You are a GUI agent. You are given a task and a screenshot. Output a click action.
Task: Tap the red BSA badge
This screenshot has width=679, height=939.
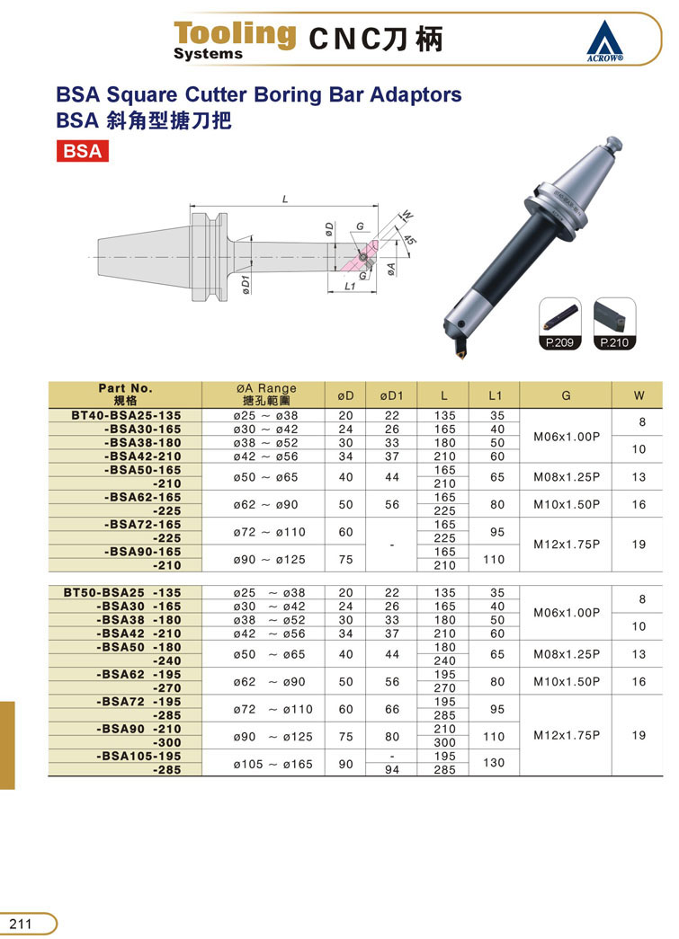[83, 150]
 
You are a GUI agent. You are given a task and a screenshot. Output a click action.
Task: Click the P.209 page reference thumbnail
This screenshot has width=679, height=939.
[559, 323]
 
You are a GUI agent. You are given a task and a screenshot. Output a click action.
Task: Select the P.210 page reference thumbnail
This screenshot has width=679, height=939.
[614, 323]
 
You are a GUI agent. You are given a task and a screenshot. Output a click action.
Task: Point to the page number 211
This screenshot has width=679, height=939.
[21, 923]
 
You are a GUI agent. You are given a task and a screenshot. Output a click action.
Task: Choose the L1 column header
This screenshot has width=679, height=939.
[495, 395]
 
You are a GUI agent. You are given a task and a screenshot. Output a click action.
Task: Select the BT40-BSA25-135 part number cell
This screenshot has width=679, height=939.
[126, 415]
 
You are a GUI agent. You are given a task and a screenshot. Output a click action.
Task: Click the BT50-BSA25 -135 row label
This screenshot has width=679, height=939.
[122, 592]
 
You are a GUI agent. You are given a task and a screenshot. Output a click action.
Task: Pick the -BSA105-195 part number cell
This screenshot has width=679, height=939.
[138, 756]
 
